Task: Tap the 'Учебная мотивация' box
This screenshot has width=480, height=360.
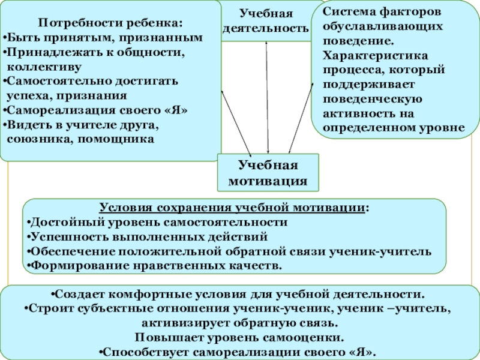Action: coord(268,172)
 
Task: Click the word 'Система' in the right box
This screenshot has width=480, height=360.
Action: coord(344,12)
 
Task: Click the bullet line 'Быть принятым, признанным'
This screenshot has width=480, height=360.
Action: coord(105,37)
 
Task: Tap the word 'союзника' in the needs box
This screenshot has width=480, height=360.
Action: coord(34,139)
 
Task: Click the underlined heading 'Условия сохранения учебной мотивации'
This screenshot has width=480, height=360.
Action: coord(234,208)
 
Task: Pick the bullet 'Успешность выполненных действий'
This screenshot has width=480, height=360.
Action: coord(147,236)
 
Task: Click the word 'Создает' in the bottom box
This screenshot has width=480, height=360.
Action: coord(75,295)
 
